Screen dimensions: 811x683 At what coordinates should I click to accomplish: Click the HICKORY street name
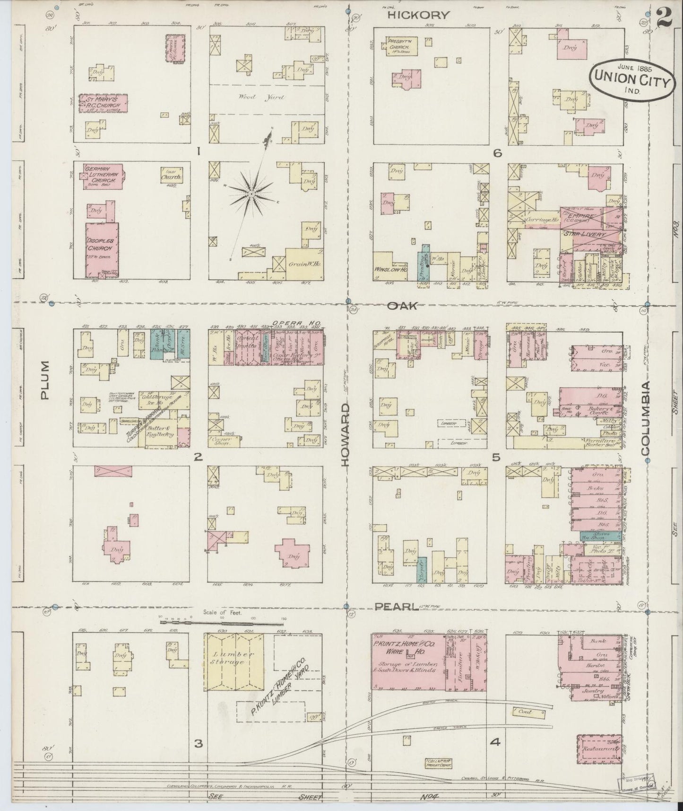pyautogui.click(x=418, y=15)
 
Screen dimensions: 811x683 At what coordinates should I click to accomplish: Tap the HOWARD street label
pyautogui.click(x=346, y=434)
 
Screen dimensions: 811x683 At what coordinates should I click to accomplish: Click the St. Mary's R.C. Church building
pyautogui.click(x=103, y=103)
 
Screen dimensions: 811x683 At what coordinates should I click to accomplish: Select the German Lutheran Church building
pyautogui.click(x=103, y=176)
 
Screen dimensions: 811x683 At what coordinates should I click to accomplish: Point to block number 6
pyautogui.click(x=496, y=153)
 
